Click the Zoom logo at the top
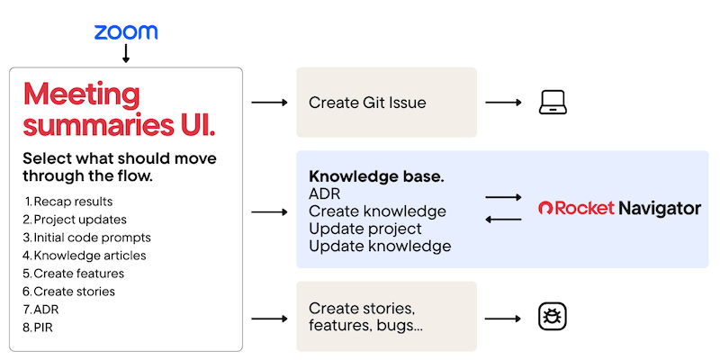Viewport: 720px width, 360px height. pyautogui.click(x=126, y=32)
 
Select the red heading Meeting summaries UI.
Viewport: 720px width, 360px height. pyautogui.click(x=119, y=109)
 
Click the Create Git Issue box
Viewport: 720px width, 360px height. pyautogui.click(x=386, y=103)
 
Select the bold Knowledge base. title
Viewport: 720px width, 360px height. pyautogui.click(x=375, y=177)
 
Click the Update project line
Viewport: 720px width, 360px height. pyautogui.click(x=365, y=229)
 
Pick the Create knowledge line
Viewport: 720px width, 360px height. pyautogui.click(x=377, y=211)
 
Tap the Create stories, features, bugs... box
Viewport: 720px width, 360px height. pyautogui.click(x=386, y=316)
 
